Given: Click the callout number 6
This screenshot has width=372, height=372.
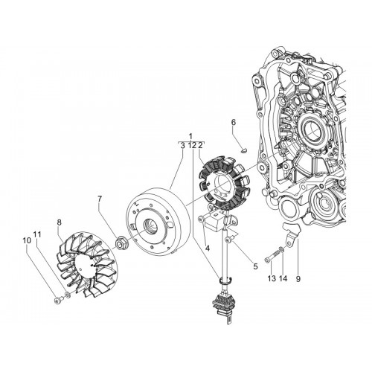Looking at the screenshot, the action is click(234, 123).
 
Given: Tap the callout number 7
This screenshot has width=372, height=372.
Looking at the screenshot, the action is click(100, 199).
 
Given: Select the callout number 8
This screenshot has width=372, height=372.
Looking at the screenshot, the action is click(59, 222).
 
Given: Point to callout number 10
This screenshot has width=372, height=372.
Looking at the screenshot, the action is click(27, 240).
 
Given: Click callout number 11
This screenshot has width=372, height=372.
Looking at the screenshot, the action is click(37, 234).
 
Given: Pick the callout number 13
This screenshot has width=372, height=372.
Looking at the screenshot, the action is click(272, 278).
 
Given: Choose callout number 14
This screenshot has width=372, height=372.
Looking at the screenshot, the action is click(283, 278).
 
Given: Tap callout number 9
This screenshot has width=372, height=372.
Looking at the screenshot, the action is click(298, 279).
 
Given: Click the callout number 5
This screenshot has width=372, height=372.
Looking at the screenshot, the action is click(255, 266).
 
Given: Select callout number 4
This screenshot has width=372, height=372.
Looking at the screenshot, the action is click(208, 248).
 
